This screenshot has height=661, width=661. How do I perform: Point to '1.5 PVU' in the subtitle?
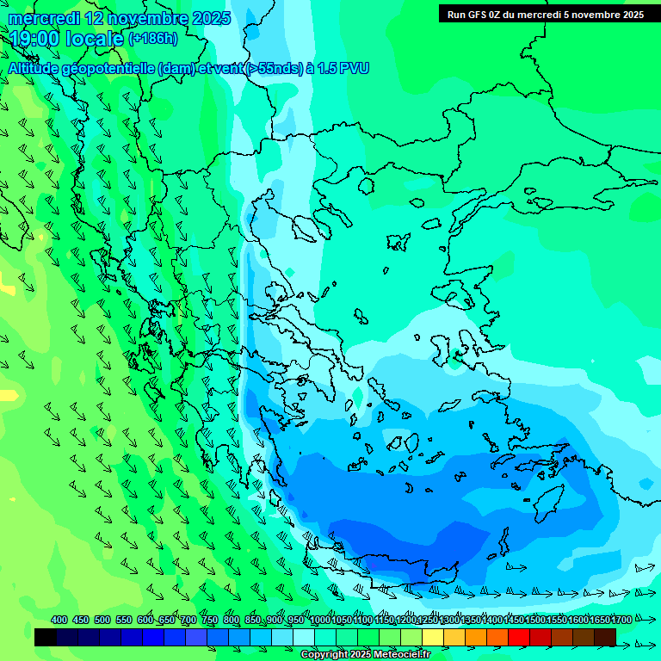point(343,68)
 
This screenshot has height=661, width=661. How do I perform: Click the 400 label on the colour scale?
point(59,620)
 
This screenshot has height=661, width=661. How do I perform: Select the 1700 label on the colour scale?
point(621,620)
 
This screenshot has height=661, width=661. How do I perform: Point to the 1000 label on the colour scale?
point(320,620)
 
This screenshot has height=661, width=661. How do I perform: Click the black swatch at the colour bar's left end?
point(46,637)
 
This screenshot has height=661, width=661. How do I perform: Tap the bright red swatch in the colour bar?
point(519,637)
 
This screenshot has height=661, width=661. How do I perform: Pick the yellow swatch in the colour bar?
point(433,637)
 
